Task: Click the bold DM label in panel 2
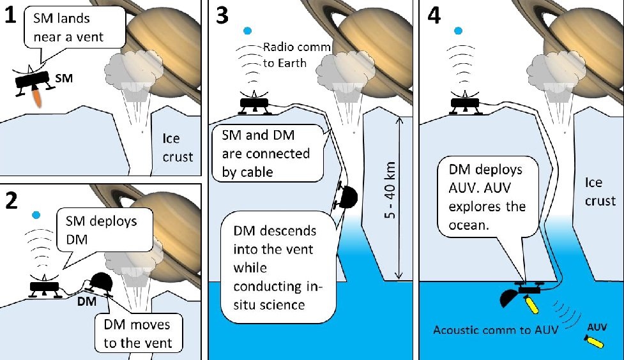[x=86, y=301]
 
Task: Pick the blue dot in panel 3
[x=248, y=31]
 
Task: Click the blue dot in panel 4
[x=456, y=30]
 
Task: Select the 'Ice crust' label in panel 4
[x=600, y=192]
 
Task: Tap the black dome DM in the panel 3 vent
[x=349, y=197]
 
